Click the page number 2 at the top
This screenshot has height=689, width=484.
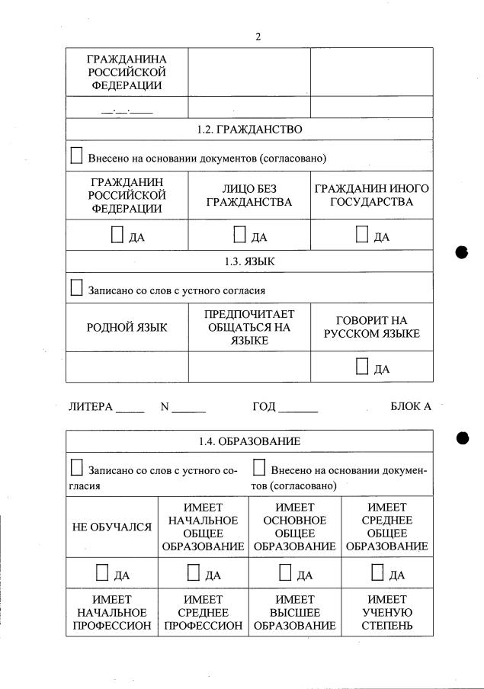[x=258, y=37]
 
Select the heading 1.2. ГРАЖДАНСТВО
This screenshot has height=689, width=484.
[x=249, y=130]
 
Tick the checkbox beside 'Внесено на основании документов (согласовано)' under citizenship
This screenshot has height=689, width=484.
[x=76, y=156]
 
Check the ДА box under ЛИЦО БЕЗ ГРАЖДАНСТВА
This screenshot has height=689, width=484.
[x=239, y=234]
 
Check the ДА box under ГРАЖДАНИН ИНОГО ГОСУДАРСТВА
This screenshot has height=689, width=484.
[x=362, y=234]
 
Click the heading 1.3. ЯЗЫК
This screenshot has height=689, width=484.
[x=249, y=261]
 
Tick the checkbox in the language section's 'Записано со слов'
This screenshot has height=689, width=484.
[x=76, y=288]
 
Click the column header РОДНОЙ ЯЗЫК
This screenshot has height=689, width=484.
[x=127, y=328]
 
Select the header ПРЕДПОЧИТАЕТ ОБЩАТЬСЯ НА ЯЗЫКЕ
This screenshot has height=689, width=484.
[x=249, y=328]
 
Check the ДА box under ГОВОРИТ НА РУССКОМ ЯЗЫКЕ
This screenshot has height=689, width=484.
[x=362, y=367]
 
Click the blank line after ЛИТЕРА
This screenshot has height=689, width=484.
[x=130, y=409]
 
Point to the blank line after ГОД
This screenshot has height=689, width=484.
[x=298, y=409]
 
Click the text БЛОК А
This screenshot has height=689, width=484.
[x=410, y=406]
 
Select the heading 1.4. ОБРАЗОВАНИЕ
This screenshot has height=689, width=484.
[x=249, y=441]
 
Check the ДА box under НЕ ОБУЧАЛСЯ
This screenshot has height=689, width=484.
[x=102, y=572]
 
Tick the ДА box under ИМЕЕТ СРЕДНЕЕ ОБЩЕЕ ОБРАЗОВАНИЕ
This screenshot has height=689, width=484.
[x=377, y=572]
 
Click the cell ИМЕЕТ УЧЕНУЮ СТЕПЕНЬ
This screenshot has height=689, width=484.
[x=386, y=613]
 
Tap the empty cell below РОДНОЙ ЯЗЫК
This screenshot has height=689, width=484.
[x=127, y=367]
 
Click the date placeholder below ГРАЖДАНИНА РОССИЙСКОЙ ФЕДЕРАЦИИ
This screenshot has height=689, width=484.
[x=127, y=109]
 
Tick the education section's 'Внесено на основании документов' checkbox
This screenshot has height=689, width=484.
[x=259, y=467]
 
